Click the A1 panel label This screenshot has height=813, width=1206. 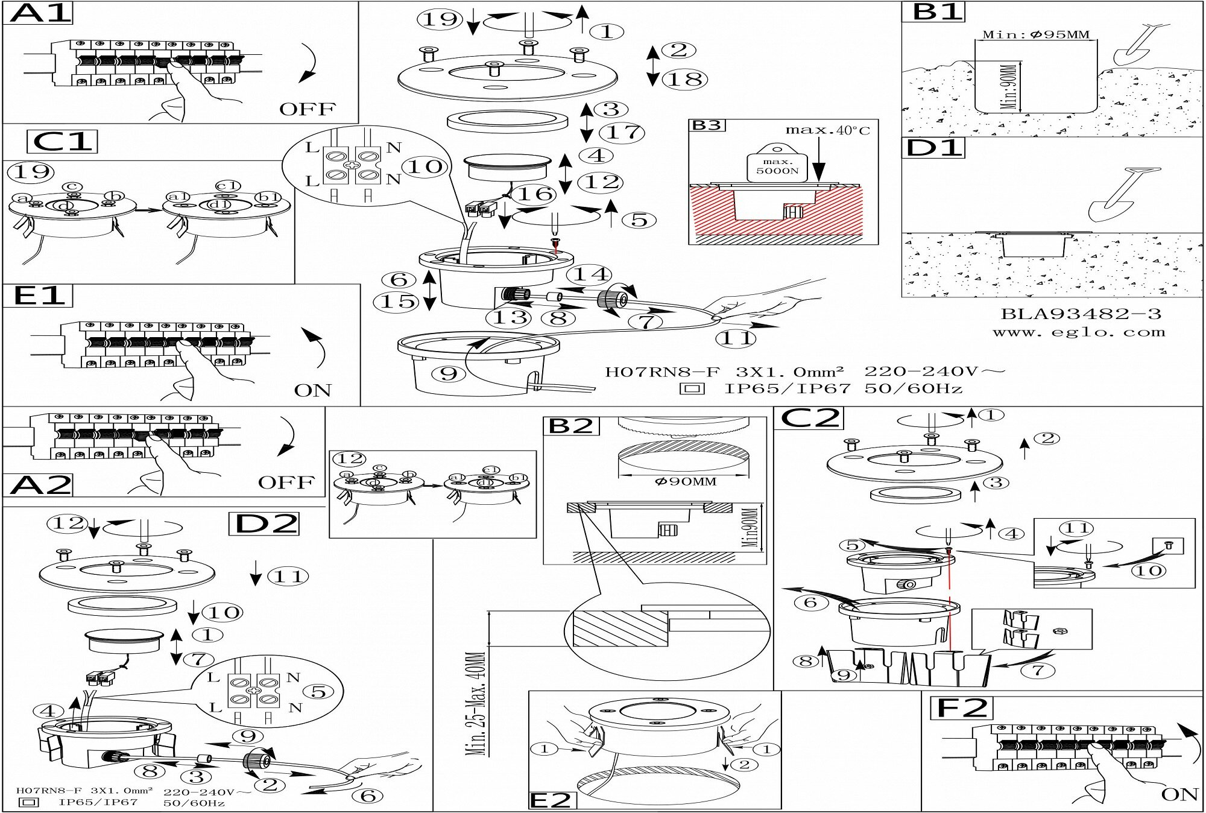point(37,13)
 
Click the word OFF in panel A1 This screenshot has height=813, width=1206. point(307,109)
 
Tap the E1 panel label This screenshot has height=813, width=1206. point(38,296)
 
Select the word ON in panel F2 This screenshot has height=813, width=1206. point(1179,794)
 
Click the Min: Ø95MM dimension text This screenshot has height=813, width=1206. point(1036,34)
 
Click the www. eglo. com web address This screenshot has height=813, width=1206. point(1079,332)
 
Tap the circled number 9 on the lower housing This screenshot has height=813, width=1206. point(449,374)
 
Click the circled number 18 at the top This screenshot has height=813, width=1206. point(686,79)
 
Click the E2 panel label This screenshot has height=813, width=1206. point(551,800)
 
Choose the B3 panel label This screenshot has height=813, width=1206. point(706,125)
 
